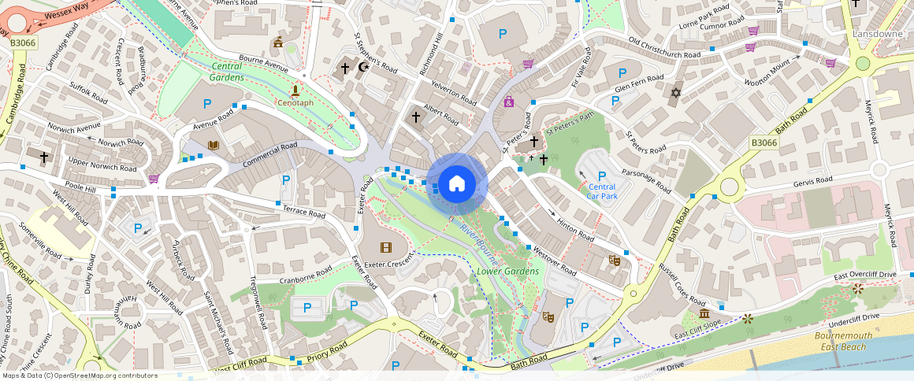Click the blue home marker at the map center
[x=456, y=184]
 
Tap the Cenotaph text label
[x=295, y=103]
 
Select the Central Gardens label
[x=226, y=72]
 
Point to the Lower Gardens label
[x=508, y=272]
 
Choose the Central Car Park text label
[x=602, y=191]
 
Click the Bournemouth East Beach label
[x=843, y=341]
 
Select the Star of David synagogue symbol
[x=674, y=94]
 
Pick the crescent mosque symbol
[x=362, y=68]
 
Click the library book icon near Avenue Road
[x=213, y=145]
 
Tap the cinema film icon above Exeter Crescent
[x=385, y=247]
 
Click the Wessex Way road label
[x=67, y=14]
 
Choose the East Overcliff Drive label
[x=865, y=275]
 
